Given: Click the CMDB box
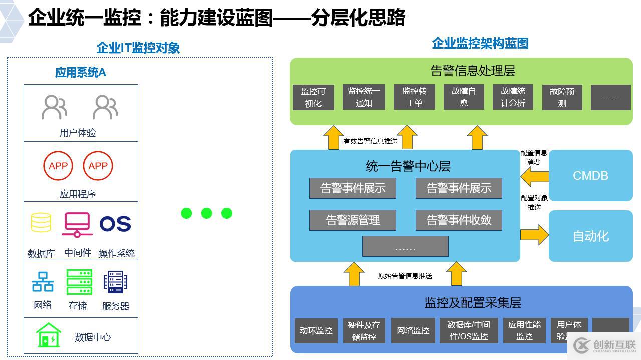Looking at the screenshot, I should (x=590, y=175).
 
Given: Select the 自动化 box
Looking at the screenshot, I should (x=590, y=236).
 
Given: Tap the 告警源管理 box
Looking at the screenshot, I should (x=353, y=220).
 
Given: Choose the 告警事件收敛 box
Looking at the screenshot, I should (x=459, y=220).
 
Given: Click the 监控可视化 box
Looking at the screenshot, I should (x=313, y=97).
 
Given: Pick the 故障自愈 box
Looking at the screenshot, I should (x=464, y=97).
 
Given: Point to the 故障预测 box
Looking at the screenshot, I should (x=562, y=97).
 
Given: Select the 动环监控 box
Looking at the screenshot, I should (x=316, y=330).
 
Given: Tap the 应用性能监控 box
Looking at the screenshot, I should (x=524, y=330).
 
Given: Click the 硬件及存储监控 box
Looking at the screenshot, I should (x=364, y=330).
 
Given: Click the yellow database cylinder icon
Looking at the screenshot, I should (x=41, y=223).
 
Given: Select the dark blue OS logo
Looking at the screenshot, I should (x=115, y=224).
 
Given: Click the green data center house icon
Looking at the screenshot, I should (x=49, y=335).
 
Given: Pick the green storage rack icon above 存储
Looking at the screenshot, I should (x=79, y=282).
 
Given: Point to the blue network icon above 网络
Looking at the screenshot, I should (x=43, y=282).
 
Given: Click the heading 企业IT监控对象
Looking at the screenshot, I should (x=138, y=48).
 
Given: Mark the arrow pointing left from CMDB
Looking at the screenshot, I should (x=534, y=177).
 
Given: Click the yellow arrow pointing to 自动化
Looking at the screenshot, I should (x=534, y=235).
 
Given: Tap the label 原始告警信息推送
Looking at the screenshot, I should (x=405, y=276).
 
